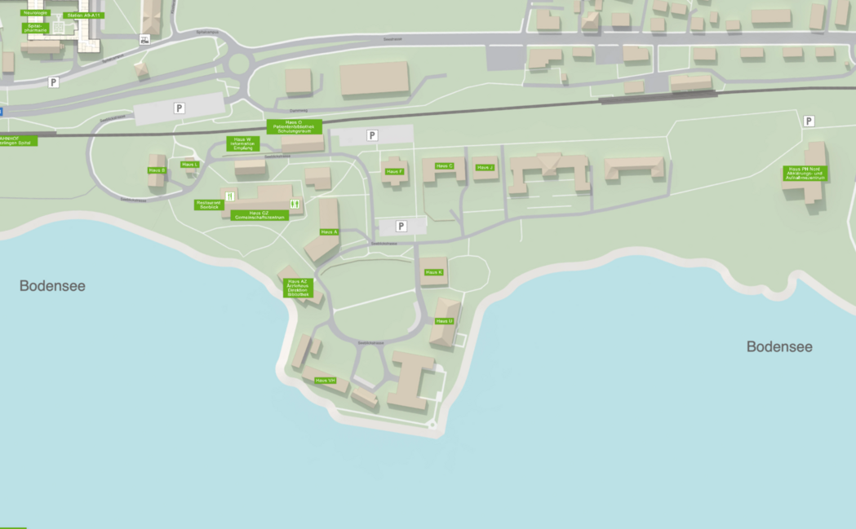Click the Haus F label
click(x=394, y=171)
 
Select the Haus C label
click(x=444, y=165)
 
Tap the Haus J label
click(x=485, y=167)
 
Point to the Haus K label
click(x=433, y=272)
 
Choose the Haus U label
click(x=444, y=321)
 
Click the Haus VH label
click(x=325, y=381)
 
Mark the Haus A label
click(x=329, y=232)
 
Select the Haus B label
click(x=157, y=170)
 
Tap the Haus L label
click(x=190, y=165)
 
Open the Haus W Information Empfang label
click(x=242, y=143)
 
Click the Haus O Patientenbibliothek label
click(x=295, y=126)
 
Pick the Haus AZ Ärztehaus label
click(x=298, y=288)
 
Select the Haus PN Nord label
click(x=805, y=173)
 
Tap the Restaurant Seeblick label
click(x=208, y=205)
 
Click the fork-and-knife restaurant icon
click(x=230, y=196)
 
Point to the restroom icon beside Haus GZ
click(x=295, y=203)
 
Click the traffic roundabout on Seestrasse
click(x=240, y=64)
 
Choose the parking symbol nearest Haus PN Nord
click(x=809, y=121)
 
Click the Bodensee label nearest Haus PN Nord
click(x=779, y=346)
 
